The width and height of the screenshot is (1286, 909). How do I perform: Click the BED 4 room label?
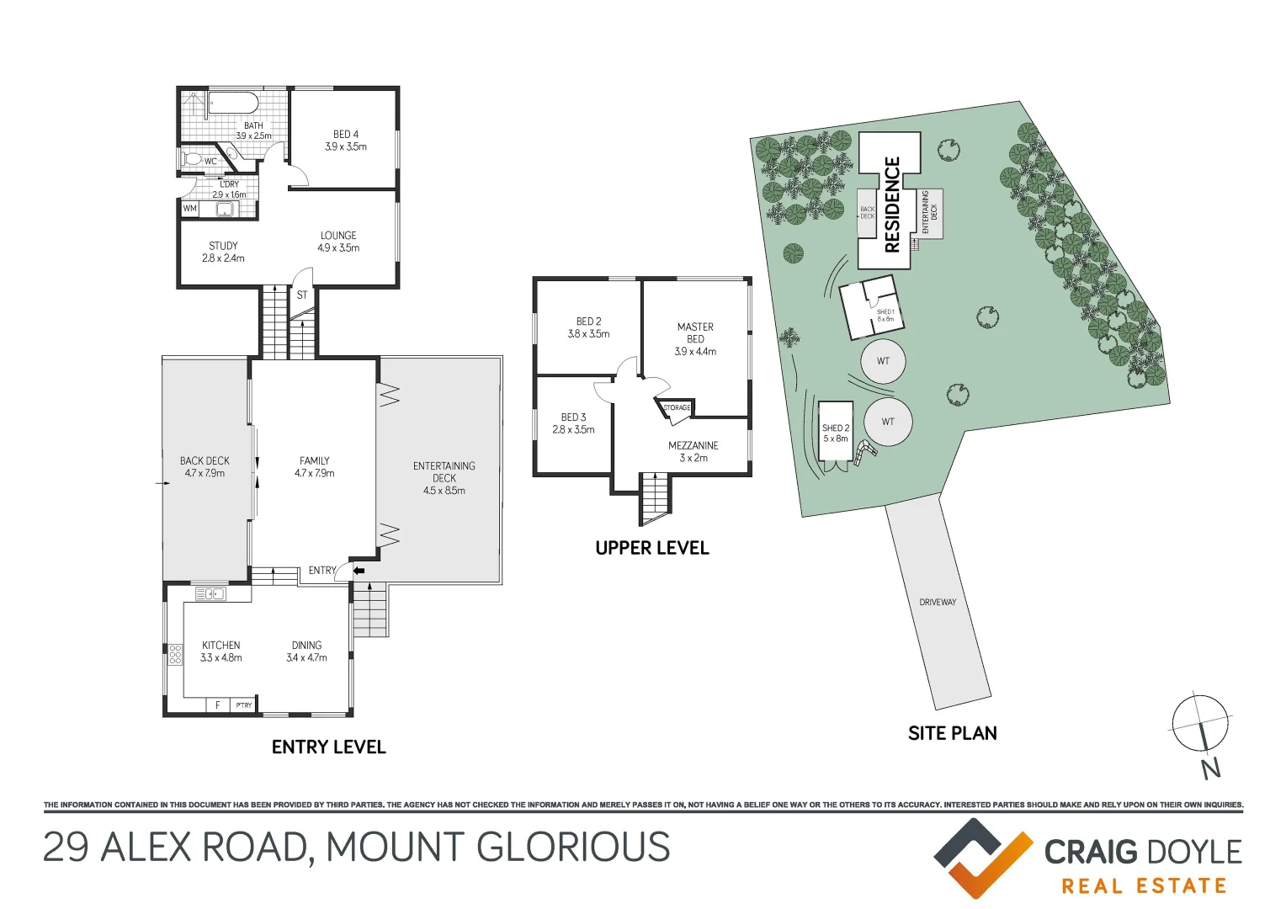point(345,140)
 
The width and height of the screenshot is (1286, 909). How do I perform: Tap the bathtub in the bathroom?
point(233,104)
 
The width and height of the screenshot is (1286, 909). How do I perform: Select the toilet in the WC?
point(192,159)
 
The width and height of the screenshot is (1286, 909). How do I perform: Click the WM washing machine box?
point(190,209)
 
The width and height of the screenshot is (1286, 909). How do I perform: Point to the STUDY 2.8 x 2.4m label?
point(223,252)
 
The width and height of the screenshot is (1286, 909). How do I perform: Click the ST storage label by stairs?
point(302,295)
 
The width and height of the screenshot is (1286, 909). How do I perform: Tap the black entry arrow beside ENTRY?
point(359,571)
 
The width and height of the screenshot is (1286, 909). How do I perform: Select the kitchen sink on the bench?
point(210,594)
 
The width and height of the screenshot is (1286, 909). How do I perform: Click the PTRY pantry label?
point(243,705)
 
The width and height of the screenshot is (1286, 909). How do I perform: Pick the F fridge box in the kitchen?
point(217,705)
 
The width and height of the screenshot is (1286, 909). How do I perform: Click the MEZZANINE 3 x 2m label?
point(693,451)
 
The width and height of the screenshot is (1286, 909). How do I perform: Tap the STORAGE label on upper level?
point(677,408)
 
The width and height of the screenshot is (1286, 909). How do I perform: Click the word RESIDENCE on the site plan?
point(892,205)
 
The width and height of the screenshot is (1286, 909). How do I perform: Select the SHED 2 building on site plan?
point(836,432)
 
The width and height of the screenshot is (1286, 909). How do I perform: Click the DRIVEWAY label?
point(938,603)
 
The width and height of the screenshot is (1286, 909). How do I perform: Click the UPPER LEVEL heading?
point(652,548)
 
